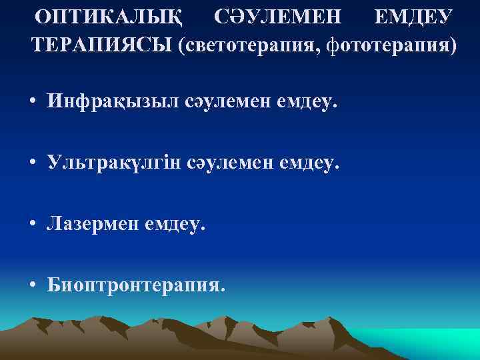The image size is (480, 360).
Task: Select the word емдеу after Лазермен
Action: [x=173, y=224]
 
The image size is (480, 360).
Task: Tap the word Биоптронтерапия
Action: [x=136, y=286]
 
